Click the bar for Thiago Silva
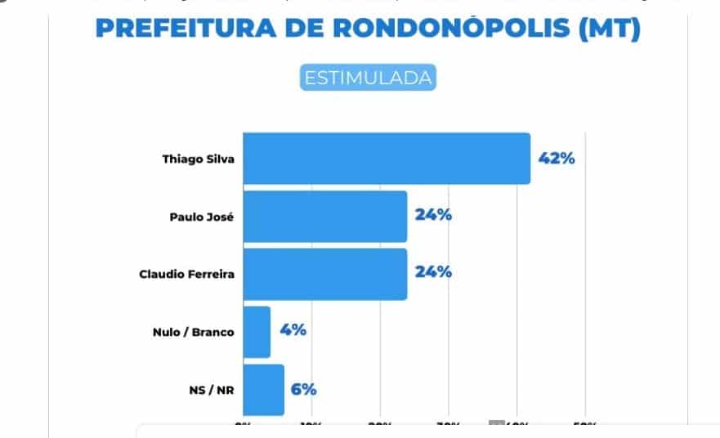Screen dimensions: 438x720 click(387, 159)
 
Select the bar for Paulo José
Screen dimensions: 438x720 click(324, 217)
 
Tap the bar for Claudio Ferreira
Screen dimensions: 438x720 click(324, 274)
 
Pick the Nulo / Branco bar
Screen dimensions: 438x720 click(257, 332)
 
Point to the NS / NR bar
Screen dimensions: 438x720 click(263, 390)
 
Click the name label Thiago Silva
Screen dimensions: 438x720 click(198, 159)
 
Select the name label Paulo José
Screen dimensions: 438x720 click(202, 217)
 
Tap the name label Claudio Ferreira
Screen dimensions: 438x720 click(187, 274)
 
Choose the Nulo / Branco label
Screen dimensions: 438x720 click(193, 332)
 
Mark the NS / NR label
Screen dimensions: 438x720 click(210, 390)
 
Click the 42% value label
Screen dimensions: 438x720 click(557, 159)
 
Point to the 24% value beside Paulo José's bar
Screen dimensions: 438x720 click(433, 216)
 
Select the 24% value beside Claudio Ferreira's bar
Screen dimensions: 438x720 click(433, 272)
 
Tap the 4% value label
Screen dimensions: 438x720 click(293, 330)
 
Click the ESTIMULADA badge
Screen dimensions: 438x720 click(367, 78)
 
